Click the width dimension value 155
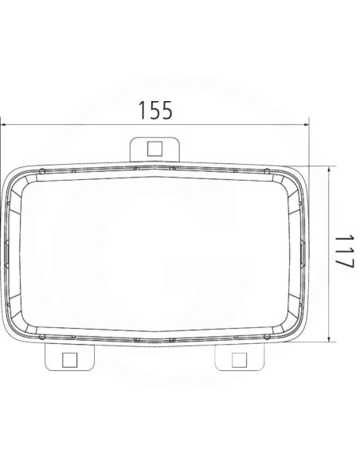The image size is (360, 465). point(155,111)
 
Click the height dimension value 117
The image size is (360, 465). point(344,252)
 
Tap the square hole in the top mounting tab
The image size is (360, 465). point(155,149)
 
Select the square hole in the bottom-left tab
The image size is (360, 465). point(69,360)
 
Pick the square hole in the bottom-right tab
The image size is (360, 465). point(239,360)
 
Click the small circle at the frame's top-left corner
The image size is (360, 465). point(42,171)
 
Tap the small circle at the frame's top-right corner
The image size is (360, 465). point(267,171)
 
